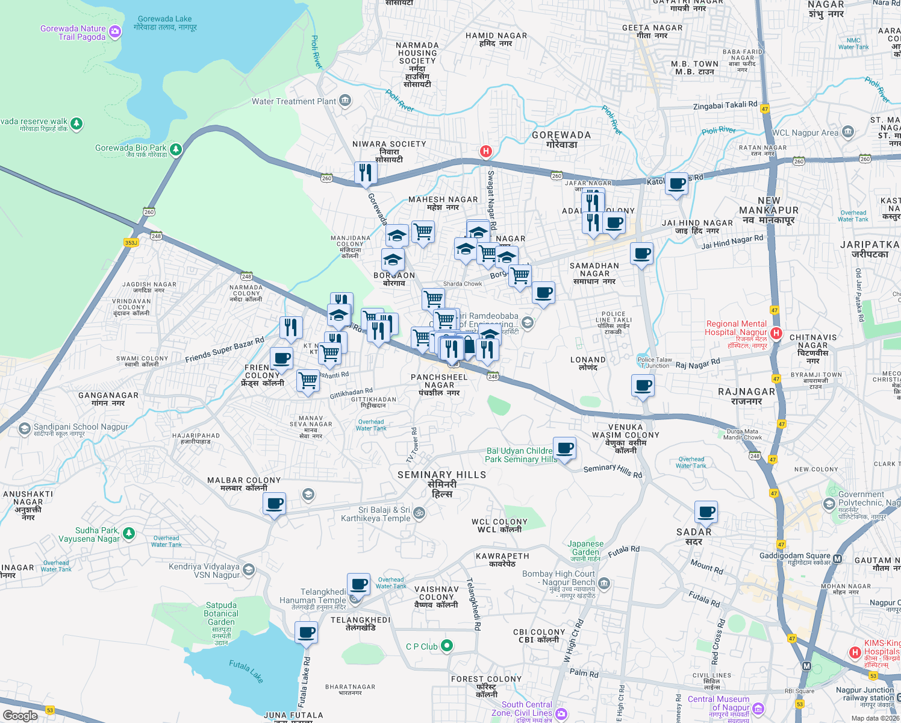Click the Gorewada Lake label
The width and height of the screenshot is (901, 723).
click(165, 23)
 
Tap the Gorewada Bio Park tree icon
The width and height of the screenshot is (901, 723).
click(175, 149)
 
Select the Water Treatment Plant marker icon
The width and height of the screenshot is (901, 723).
click(345, 101)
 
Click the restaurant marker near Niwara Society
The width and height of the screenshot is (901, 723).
click(365, 173)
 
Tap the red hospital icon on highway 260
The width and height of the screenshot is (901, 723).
click(485, 151)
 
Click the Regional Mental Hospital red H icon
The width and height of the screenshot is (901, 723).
click(776, 333)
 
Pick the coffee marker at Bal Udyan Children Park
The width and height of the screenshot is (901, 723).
click(564, 448)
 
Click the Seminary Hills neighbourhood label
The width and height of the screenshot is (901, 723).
click(441, 484)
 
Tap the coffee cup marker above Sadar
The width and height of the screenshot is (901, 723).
click(706, 513)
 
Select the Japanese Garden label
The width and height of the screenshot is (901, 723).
click(585, 548)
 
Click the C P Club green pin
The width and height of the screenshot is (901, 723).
click(446, 646)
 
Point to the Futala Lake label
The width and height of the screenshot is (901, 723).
click(246, 671)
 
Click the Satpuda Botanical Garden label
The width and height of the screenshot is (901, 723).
click(221, 613)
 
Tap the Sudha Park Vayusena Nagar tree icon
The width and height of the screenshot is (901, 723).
click(128, 533)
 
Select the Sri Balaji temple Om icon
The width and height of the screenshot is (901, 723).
click(419, 513)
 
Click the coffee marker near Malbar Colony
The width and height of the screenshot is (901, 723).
click(274, 503)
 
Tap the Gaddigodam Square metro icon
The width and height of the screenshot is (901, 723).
click(837, 559)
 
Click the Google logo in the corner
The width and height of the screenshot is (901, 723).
click(20, 715)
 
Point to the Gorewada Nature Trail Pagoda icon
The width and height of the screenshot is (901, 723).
click(114, 32)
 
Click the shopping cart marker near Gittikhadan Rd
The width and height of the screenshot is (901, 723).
click(308, 380)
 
